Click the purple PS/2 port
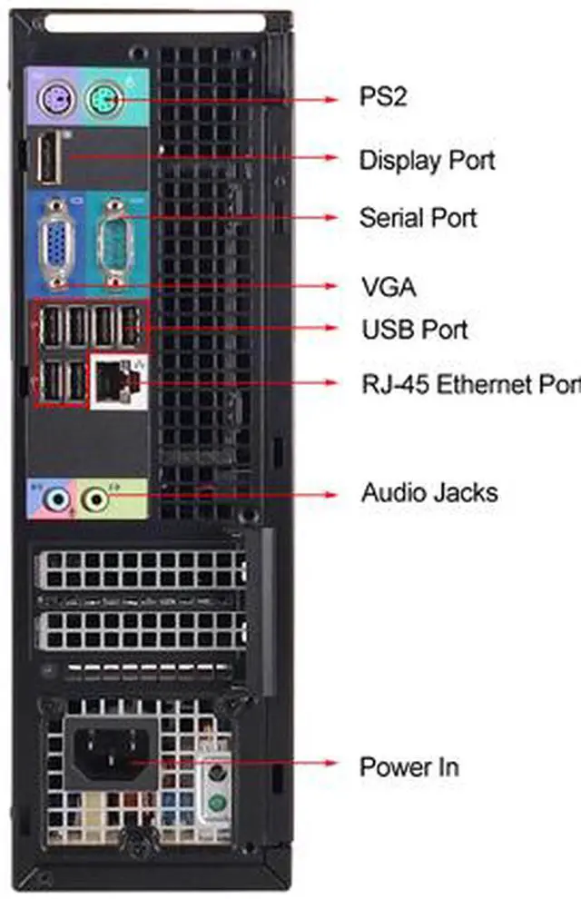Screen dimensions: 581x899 pos(57,101)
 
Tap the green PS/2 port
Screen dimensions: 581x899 pos(105,100)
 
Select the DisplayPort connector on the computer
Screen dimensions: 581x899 pos(49,158)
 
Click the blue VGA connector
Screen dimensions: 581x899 pos(56,243)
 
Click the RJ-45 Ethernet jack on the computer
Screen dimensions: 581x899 pos(118,380)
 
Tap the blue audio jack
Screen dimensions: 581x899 pos(57,499)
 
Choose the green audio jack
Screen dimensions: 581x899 pos(95,499)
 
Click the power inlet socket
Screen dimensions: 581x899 pos(110,753)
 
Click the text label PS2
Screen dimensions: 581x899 pos(383,96)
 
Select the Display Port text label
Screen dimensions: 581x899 pos(427,161)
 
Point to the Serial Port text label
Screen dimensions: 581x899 pos(419,218)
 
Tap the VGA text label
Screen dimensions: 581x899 pos(389,287)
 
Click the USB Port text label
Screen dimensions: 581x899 pos(415,330)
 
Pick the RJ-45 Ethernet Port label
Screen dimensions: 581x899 pos(471,384)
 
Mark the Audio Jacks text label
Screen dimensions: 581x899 pos(429,493)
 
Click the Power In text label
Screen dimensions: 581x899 pos(409,767)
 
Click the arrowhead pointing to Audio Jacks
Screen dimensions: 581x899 pos(331,494)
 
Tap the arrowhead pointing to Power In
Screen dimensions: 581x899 pos(331,763)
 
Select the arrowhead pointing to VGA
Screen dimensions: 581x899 pos(331,285)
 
